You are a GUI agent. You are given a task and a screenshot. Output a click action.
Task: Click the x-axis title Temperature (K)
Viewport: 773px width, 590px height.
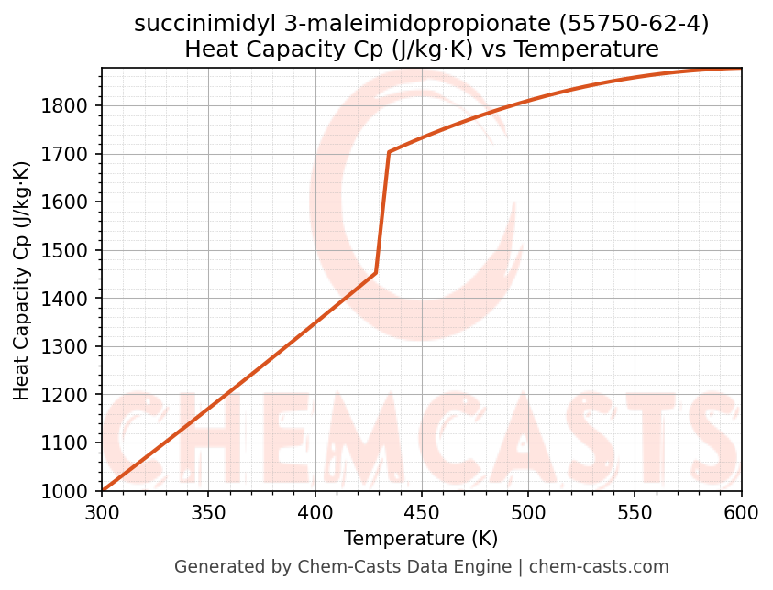pyautogui.click(x=421, y=539)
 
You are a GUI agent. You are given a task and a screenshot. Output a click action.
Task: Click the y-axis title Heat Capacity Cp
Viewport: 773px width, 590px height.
pyautogui.click(x=23, y=279)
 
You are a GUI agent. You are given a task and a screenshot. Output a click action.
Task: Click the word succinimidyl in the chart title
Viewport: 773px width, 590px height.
pyautogui.click(x=188, y=25)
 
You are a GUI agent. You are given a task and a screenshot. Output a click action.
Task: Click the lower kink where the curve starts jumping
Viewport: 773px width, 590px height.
pyautogui.click(x=375, y=273)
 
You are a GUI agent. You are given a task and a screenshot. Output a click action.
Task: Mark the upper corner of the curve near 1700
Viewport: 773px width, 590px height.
pyautogui.click(x=389, y=152)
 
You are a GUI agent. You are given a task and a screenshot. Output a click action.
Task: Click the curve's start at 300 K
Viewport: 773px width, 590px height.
pyautogui.click(x=103, y=491)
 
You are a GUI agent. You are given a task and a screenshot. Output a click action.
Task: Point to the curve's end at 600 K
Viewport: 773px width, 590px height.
pyautogui.click(x=740, y=69)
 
